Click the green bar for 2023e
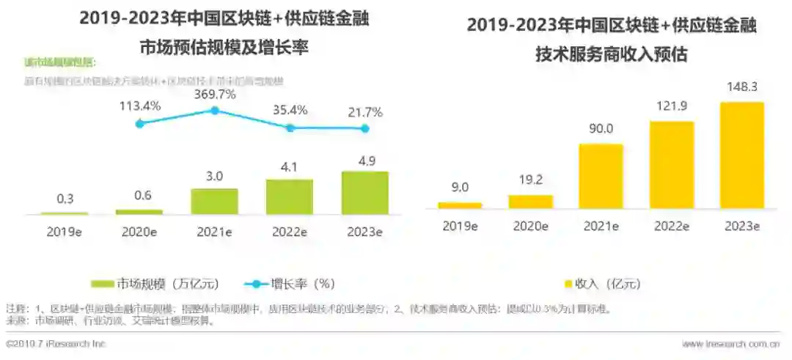coord(364,193)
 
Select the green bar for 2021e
coord(214,201)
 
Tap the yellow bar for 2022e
coord(672,164)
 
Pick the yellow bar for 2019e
coord(460,205)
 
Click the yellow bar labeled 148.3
coord(742,155)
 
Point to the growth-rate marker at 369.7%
coord(215,111)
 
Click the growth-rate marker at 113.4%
coord(140,123)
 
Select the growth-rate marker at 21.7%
coord(364,128)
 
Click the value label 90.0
coord(601,129)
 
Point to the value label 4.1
coord(290,166)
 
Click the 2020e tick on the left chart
coord(139,232)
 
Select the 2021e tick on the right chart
coord(601,227)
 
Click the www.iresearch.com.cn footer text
coord(730,344)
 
